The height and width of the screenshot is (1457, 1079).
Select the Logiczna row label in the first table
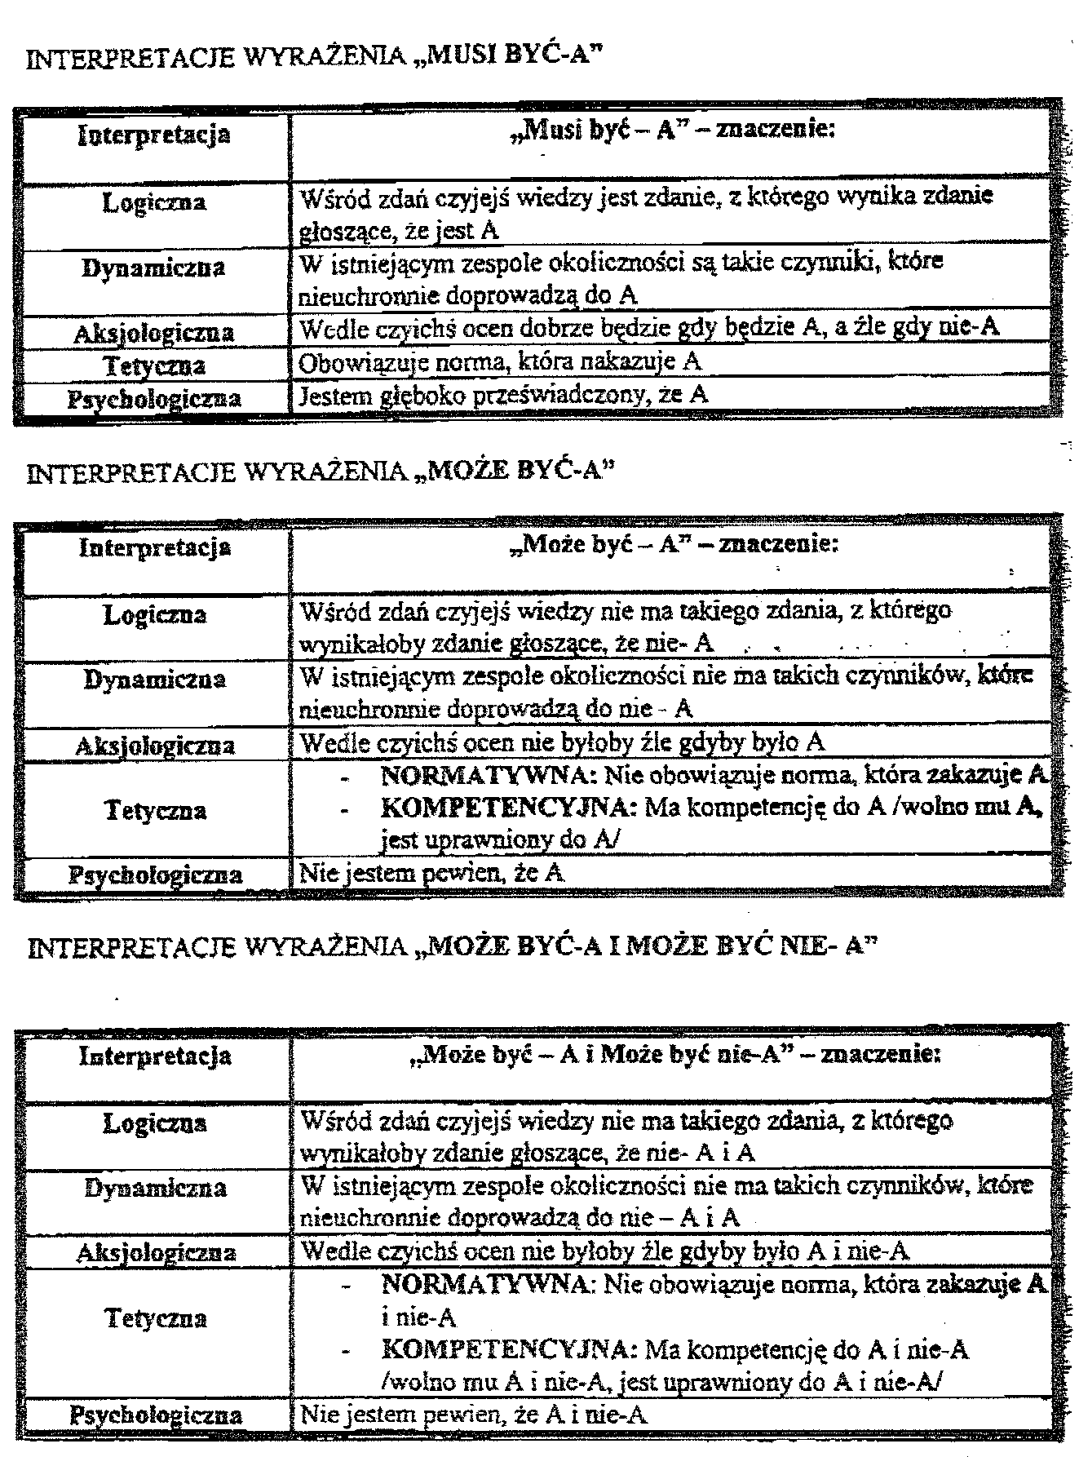(x=154, y=202)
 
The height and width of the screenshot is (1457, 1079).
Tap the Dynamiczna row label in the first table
(x=154, y=268)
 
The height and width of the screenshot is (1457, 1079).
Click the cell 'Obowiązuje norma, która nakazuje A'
(x=500, y=361)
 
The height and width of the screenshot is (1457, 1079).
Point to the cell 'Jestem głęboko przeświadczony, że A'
(x=504, y=395)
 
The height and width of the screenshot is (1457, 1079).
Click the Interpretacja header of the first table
(x=154, y=134)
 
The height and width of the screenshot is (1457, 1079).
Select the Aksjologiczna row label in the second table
(x=154, y=746)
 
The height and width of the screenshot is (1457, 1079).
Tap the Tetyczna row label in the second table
(x=154, y=810)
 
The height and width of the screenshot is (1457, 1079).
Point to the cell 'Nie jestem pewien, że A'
(x=432, y=874)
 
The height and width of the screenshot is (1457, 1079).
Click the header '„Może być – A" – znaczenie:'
(x=673, y=544)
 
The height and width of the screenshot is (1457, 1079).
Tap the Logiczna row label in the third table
(x=154, y=1123)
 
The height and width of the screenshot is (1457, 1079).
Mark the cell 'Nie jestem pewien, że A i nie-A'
(x=474, y=1414)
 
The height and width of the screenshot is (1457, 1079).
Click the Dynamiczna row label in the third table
(x=154, y=1188)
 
